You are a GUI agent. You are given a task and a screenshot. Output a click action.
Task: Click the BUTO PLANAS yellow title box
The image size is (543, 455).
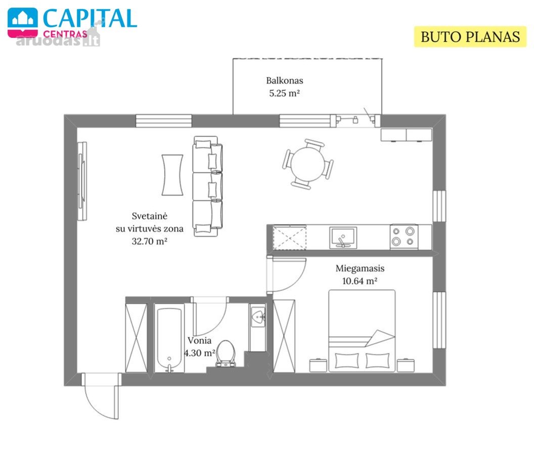470,37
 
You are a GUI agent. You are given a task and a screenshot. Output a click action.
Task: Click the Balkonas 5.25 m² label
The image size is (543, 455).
284,87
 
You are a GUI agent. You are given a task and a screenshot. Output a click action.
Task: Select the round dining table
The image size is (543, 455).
307,164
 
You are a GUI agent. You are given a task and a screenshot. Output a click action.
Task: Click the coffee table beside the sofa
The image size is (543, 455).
172,175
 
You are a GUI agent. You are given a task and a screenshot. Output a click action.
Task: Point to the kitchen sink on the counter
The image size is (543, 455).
343,237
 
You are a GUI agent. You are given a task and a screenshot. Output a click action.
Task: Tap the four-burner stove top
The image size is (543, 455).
404,237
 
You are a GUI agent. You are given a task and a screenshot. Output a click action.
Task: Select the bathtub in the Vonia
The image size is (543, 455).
169,338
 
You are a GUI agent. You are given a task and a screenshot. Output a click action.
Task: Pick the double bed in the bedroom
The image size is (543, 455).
362,331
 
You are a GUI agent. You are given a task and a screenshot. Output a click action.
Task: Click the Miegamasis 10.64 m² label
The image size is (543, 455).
360,275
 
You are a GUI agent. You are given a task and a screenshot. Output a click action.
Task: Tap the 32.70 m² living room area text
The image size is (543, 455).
150,241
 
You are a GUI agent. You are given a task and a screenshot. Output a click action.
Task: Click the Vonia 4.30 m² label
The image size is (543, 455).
200,347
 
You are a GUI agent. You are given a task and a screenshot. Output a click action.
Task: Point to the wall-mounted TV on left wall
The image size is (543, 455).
82,181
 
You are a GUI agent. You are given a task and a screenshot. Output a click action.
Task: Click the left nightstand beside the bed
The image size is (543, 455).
318,366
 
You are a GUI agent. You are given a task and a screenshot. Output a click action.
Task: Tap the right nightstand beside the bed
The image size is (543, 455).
405,366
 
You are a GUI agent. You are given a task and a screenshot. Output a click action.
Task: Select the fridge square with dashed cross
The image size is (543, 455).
290,238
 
